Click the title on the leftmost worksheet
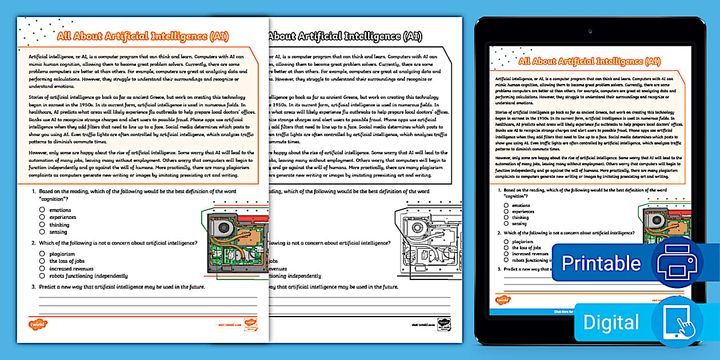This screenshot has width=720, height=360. [x=143, y=37]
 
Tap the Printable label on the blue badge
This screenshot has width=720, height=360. [x=601, y=263]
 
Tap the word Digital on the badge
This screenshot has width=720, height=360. [x=611, y=322]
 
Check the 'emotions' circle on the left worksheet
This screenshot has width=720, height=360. [x=42, y=210]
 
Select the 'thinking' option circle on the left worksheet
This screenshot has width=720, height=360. [x=42, y=225]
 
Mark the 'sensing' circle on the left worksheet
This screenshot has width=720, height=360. [x=42, y=232]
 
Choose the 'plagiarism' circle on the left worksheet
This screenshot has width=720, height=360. [x=42, y=254]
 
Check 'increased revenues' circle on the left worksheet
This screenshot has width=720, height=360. [x=42, y=268]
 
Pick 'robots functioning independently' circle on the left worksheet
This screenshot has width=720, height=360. [x=42, y=275]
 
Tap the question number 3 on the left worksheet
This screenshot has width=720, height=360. [x=34, y=286]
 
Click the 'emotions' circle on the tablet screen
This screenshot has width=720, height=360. [x=506, y=205]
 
